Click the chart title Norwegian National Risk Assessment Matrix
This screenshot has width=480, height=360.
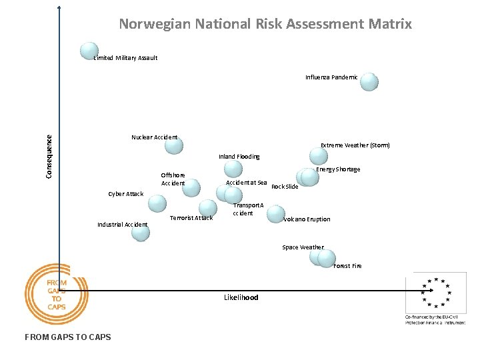265,25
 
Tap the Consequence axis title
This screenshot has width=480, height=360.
49,154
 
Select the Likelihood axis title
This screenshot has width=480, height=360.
241,297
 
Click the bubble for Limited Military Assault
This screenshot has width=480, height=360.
89,51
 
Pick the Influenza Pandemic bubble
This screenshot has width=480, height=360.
369,82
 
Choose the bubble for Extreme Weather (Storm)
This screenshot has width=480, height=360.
319,156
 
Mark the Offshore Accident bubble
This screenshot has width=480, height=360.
191,187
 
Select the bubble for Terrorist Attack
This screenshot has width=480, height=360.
208,208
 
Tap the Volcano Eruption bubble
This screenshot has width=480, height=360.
275,214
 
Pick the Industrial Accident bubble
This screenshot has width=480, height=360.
140,231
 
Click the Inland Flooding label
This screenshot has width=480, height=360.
239,157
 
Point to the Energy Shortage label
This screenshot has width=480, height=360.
338,169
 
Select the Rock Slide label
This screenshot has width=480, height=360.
285,187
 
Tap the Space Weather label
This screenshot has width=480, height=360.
303,247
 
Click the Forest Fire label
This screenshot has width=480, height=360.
347,266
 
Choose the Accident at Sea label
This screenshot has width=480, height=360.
247,183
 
